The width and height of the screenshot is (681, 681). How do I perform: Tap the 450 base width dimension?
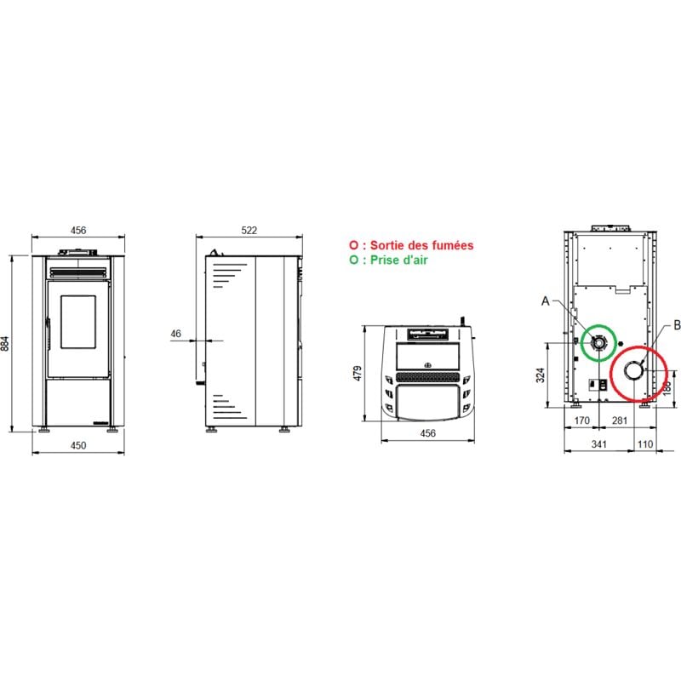(x=78, y=445)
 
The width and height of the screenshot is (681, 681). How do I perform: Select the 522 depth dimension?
(x=249, y=230)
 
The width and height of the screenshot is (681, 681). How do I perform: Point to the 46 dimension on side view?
(x=175, y=334)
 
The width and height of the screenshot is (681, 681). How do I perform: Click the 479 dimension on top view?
(x=358, y=373)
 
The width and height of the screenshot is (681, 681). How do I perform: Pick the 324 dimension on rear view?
(x=540, y=375)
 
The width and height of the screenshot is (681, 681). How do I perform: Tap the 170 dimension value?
(x=581, y=421)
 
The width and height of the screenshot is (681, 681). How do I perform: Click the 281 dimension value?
(x=620, y=421)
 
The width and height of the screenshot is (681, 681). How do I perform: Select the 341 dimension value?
(x=599, y=444)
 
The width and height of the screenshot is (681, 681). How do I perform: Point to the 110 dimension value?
(x=645, y=444)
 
